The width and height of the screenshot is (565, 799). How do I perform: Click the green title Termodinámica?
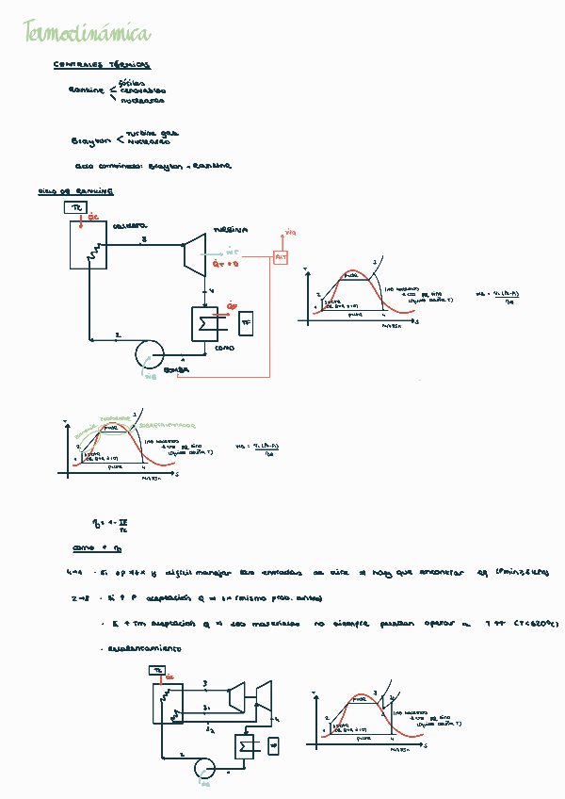87,34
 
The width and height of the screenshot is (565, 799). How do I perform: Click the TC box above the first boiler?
77,207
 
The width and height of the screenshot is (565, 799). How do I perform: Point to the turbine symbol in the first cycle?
195,255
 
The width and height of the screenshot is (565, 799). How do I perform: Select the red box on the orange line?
281,257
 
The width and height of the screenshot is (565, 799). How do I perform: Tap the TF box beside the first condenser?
247,323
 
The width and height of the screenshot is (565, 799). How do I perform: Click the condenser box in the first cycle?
204,323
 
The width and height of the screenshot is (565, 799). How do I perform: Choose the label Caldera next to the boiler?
130,226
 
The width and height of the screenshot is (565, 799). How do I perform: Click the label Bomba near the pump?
177,370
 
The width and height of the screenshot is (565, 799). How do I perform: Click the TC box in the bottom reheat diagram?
157,670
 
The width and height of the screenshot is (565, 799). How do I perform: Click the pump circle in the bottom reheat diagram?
204,768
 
